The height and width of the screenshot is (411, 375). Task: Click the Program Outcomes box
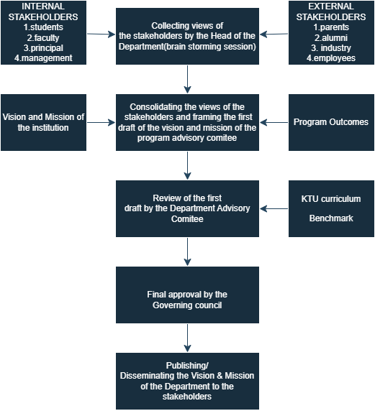point(331,122)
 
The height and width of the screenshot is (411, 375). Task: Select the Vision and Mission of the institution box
point(44,122)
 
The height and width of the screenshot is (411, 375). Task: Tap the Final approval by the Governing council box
point(187,295)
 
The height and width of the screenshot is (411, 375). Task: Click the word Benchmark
point(331,218)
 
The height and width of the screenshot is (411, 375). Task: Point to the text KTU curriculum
point(331,199)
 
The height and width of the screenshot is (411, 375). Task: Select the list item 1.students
point(43,27)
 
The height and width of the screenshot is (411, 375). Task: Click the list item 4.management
point(43,58)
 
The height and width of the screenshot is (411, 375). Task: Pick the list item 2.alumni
point(331,38)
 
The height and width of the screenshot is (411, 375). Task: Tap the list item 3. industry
point(331,48)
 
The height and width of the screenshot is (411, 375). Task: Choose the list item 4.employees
point(331,58)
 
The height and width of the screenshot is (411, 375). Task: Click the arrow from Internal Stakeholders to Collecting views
point(101,34)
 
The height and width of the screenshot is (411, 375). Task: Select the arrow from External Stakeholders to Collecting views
point(274,34)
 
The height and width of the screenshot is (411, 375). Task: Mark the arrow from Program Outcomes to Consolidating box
point(274,122)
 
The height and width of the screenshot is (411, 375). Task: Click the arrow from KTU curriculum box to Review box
point(274,209)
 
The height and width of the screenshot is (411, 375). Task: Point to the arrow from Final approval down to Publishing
point(187,338)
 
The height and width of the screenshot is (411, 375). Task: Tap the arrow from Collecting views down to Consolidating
point(187,80)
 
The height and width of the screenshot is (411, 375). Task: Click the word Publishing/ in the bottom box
point(187,366)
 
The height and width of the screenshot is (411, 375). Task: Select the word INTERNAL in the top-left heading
point(43,6)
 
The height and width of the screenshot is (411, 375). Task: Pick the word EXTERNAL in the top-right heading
point(331,6)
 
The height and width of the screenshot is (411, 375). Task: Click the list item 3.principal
point(43,48)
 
